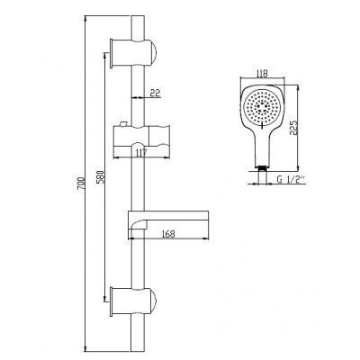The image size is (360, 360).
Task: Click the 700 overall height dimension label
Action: (81, 184)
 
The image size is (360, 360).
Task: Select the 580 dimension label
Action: (101, 177)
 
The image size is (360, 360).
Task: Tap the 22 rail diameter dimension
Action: (155, 94)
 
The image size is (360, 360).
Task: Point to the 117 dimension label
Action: (140, 153)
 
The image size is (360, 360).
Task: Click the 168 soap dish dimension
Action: (168, 234)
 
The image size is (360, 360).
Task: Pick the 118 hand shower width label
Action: (263, 74)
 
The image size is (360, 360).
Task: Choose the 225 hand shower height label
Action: (293, 128)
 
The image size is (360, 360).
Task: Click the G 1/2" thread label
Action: (291, 179)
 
